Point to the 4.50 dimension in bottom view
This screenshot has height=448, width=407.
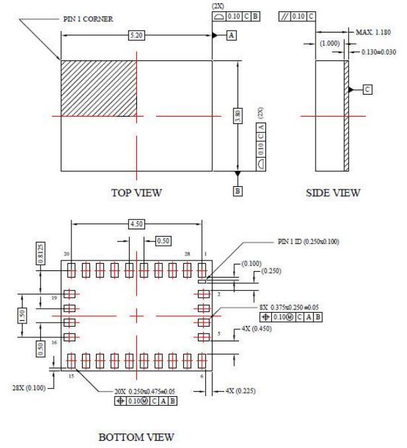(137, 225)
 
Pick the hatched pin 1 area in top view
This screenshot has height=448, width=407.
(99, 88)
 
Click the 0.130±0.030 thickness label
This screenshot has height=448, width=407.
(379, 51)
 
